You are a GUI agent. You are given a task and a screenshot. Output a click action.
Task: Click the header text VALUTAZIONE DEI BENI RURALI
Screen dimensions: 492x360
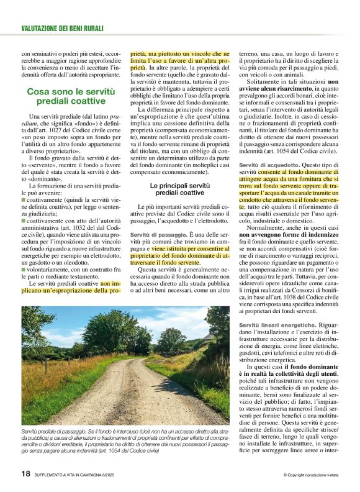[x=62, y=29]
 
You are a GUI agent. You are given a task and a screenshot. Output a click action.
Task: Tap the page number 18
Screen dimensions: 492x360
[x=25, y=474]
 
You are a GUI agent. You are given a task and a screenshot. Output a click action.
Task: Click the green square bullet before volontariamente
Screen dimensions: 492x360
[x=23, y=271]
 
